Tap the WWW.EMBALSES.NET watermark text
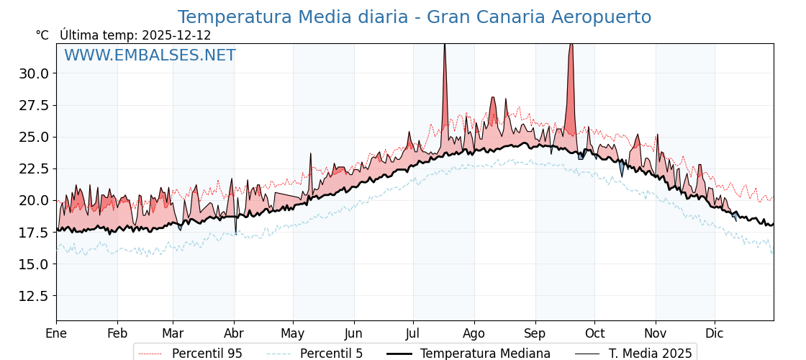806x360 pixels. [150, 55]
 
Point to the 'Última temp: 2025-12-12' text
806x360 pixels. [135, 35]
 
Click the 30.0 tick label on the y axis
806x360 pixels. [34, 73]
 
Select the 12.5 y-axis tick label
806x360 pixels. [34, 296]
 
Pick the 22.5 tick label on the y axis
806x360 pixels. [34, 168]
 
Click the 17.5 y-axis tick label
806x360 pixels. [34, 233]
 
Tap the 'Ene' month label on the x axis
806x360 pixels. [56, 333]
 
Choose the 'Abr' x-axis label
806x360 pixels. [234, 333]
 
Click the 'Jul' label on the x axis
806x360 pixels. [413, 333]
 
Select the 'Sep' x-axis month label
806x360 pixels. [535, 333]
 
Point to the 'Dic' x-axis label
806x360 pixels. [715, 333]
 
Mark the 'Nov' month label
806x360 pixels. [656, 333]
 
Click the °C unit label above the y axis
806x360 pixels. [42, 35]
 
